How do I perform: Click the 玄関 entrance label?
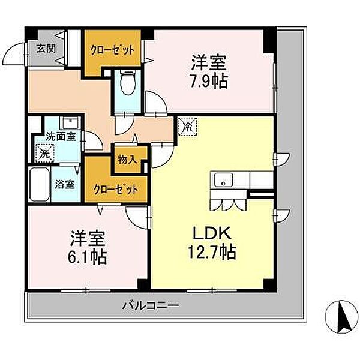(x=46, y=49)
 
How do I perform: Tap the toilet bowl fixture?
(x=128, y=82)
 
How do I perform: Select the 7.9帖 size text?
(x=209, y=81)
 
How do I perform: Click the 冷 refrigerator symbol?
(x=187, y=127)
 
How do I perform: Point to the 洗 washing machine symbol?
(x=45, y=153)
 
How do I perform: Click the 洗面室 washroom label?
(x=61, y=137)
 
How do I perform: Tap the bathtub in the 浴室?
(x=40, y=184)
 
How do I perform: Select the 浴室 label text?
(x=65, y=184)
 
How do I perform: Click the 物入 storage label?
(x=127, y=160)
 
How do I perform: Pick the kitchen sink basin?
(x=223, y=179)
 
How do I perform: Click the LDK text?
(x=211, y=234)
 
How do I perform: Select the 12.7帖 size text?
(x=212, y=252)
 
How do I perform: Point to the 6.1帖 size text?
(x=87, y=257)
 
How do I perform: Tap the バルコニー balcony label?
(x=151, y=305)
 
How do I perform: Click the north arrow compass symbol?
(x=341, y=317)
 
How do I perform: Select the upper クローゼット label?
(x=112, y=50)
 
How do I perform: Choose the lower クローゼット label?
(x=116, y=190)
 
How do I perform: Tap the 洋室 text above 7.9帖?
(x=209, y=62)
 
